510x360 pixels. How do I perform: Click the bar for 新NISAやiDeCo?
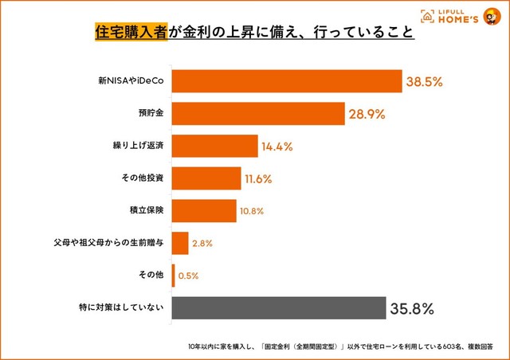(x=286, y=81)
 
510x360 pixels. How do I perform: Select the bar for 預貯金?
(x=257, y=114)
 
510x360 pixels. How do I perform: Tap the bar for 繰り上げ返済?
(x=214, y=147)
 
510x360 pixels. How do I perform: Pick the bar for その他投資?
(x=206, y=178)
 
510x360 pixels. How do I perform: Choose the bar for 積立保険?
(x=203, y=211)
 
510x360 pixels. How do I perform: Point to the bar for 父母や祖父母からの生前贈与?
(x=179, y=243)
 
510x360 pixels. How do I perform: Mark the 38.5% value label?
(x=426, y=81)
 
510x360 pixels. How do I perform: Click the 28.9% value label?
(x=367, y=114)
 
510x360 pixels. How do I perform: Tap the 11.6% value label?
(x=258, y=179)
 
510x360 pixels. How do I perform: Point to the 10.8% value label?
(x=252, y=211)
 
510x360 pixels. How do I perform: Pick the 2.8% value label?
(x=202, y=244)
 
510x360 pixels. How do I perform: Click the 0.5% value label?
(x=187, y=276)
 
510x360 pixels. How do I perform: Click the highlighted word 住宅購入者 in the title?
(x=131, y=33)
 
